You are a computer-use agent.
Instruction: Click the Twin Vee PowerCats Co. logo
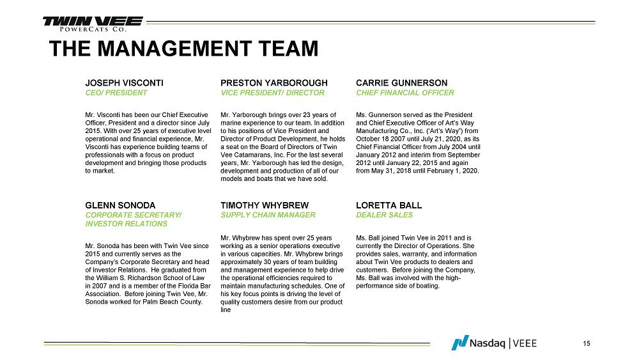click(84, 24)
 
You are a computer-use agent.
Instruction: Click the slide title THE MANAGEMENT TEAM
click(183, 49)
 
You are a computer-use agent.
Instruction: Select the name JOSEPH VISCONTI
click(125, 83)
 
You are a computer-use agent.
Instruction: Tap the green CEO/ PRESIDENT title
click(116, 93)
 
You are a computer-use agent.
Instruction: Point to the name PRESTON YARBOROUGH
click(274, 83)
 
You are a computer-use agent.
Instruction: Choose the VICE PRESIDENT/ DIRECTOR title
click(272, 93)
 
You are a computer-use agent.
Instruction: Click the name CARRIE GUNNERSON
click(401, 83)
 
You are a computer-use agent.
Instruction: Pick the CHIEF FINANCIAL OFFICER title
click(404, 93)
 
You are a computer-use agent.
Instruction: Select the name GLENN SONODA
click(120, 205)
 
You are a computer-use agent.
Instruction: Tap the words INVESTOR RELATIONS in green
click(127, 224)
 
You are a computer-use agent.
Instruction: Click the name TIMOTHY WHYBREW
click(265, 205)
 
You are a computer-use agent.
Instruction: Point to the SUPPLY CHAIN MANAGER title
click(268, 215)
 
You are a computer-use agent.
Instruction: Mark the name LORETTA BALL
click(389, 205)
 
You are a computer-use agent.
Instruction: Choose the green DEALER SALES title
click(384, 215)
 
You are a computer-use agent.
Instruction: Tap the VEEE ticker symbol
click(525, 343)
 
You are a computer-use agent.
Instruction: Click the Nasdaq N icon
click(459, 343)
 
